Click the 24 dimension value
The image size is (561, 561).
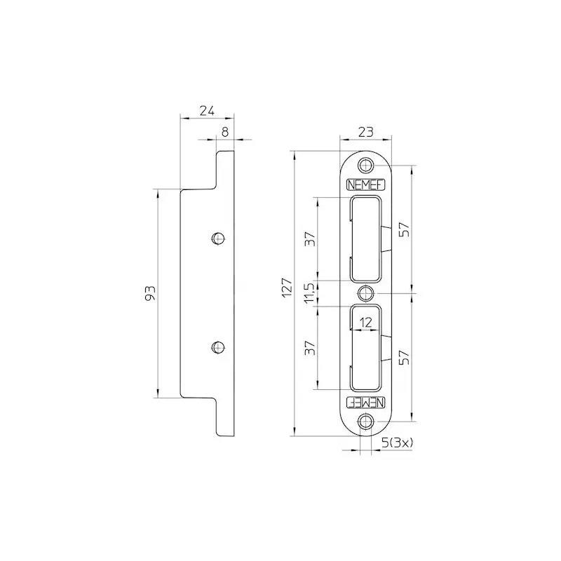click(207, 111)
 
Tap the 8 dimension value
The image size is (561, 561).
click(224, 132)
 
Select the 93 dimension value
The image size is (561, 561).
click(150, 292)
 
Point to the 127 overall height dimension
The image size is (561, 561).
click(287, 288)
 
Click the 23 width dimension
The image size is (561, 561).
click(365, 132)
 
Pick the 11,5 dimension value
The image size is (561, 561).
click(310, 292)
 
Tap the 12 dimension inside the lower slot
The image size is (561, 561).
click(365, 323)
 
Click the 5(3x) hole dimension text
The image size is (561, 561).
click(397, 443)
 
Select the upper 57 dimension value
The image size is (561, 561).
click(404, 229)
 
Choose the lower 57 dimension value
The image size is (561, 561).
click(404, 358)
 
